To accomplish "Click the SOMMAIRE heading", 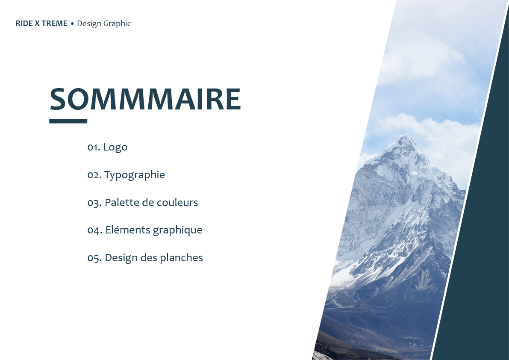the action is [145, 99].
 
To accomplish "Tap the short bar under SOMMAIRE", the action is [68, 121].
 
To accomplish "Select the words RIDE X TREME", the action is [41, 24].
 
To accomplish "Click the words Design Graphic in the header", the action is [104, 24].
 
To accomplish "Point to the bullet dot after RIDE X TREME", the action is [72, 24].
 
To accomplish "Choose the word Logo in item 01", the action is [115, 148].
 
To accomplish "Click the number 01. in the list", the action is [94, 148].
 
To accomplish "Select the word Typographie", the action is [135, 175].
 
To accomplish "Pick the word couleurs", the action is [177, 202].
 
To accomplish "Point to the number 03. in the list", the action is [94, 203].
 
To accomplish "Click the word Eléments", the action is [128, 230].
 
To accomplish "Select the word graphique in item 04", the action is [177, 230].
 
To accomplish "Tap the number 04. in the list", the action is [95, 230].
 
